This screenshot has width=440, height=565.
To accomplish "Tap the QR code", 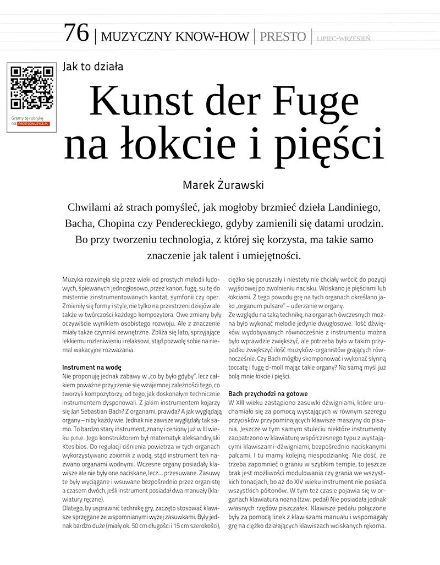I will [x=32, y=88].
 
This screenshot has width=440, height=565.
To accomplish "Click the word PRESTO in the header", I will [x=283, y=37].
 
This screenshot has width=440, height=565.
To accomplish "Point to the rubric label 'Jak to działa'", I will [x=93, y=67].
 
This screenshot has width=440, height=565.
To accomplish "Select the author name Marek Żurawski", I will [x=223, y=185].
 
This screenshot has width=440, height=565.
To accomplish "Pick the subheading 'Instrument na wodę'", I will [x=92, y=367].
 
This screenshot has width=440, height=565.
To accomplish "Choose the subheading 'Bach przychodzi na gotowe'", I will [x=268, y=394].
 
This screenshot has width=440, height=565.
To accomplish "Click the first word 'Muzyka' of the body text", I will [x=73, y=281].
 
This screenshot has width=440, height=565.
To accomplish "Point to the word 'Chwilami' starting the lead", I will [x=90, y=208].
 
